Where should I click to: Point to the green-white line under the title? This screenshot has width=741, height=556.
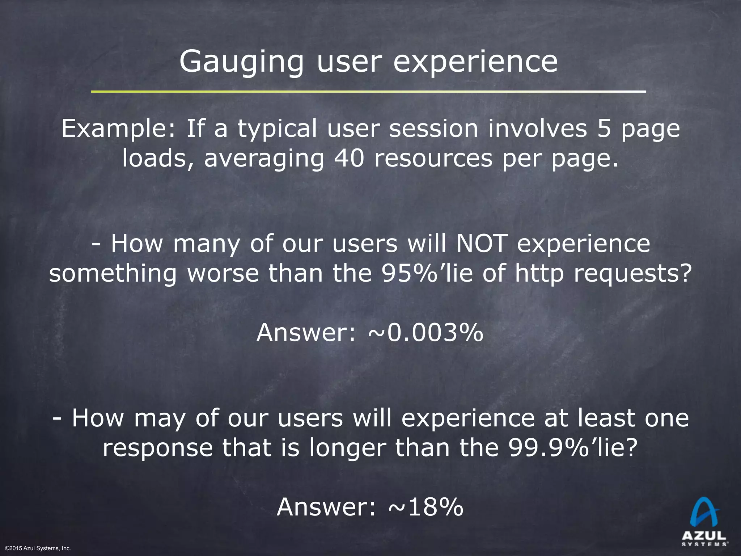click(368, 92)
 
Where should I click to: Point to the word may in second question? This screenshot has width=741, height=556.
click(160, 418)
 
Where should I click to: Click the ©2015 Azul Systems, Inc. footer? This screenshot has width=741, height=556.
click(38, 548)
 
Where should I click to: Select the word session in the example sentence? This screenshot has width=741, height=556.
click(433, 129)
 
